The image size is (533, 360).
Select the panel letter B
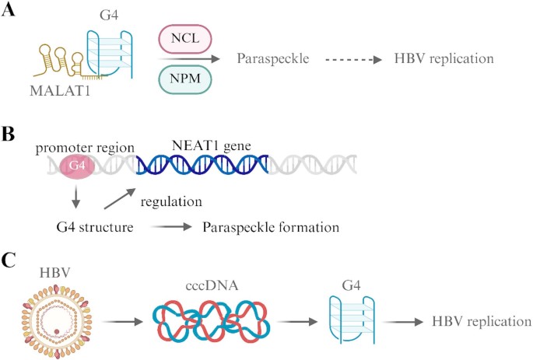pyautogui.click(x=9, y=133)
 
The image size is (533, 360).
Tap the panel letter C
pyautogui.click(x=9, y=259)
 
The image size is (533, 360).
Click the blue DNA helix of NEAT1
pyautogui.click(x=202, y=165)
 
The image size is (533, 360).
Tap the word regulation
pyautogui.click(x=174, y=201)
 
